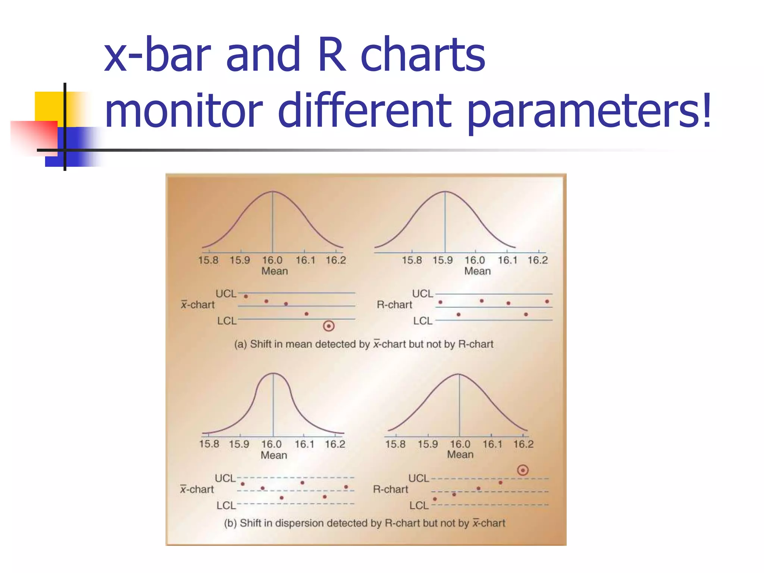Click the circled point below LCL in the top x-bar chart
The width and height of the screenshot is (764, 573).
(328, 326)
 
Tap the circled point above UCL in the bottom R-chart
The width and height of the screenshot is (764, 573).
(523, 470)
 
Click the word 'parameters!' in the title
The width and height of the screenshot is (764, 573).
(589, 111)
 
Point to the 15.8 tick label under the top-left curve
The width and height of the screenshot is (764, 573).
(208, 260)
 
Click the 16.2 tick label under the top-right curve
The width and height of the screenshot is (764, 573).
(538, 260)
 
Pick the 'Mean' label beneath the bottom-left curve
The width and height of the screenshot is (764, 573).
(274, 455)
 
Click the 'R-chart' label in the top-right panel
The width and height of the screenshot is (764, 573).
(394, 305)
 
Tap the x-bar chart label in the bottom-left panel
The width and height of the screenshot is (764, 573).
(197, 489)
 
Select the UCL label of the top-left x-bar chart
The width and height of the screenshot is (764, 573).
(226, 294)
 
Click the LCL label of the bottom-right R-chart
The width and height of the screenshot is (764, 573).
(419, 505)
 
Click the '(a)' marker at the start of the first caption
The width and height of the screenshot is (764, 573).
(240, 344)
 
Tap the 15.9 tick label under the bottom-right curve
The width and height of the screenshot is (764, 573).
(428, 444)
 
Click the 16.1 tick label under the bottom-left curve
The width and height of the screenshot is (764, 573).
(304, 444)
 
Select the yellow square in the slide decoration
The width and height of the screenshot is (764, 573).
(49, 106)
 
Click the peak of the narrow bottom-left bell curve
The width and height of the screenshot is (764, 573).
(273, 373)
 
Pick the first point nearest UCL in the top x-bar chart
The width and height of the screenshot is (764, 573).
(246, 297)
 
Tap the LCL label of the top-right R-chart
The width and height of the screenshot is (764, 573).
(423, 321)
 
